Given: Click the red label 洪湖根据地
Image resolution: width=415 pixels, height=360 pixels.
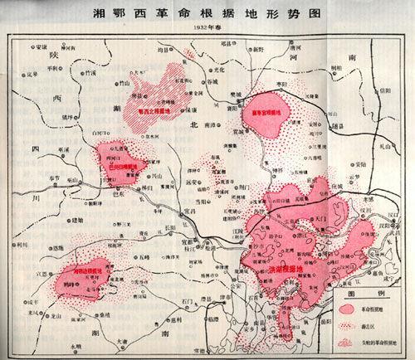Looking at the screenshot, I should tap(286, 270).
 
